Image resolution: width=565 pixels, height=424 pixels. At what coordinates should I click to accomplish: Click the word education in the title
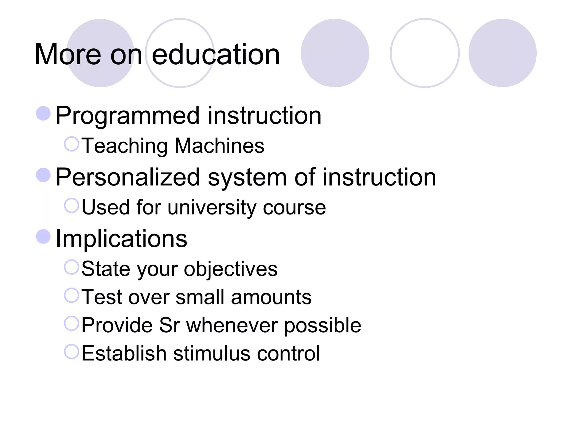coord(216,55)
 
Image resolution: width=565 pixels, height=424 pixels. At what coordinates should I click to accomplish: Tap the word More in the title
coord(68,55)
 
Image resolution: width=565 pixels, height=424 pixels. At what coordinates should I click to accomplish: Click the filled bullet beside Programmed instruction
coord(43,113)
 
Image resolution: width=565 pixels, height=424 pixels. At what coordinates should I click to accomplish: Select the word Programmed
coord(127,116)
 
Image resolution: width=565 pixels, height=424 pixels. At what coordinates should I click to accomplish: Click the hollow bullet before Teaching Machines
coord(72,144)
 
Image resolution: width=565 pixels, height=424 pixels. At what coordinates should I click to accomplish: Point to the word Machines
coord(219,146)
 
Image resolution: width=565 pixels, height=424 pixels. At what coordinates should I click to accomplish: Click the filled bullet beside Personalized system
coord(43,175)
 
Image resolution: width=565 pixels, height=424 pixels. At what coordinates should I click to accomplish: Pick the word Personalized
coord(127,177)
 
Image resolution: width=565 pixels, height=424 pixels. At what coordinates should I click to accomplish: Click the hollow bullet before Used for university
coord(72,206)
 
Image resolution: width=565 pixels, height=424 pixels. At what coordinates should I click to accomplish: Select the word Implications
coord(121,239)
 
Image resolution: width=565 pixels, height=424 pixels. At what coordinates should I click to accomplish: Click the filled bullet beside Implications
coord(43,237)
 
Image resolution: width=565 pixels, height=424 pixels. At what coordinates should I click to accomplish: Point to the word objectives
coord(231,269)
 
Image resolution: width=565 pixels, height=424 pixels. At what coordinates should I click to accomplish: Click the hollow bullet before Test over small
coord(72,295)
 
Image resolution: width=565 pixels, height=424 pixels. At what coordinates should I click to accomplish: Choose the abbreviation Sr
coord(169,325)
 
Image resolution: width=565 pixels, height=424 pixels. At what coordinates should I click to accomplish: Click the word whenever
coord(232,325)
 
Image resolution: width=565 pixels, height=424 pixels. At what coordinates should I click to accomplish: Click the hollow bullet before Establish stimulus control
coord(72,352)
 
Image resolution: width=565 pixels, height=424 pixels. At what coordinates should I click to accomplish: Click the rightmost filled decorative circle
coord(502,53)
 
